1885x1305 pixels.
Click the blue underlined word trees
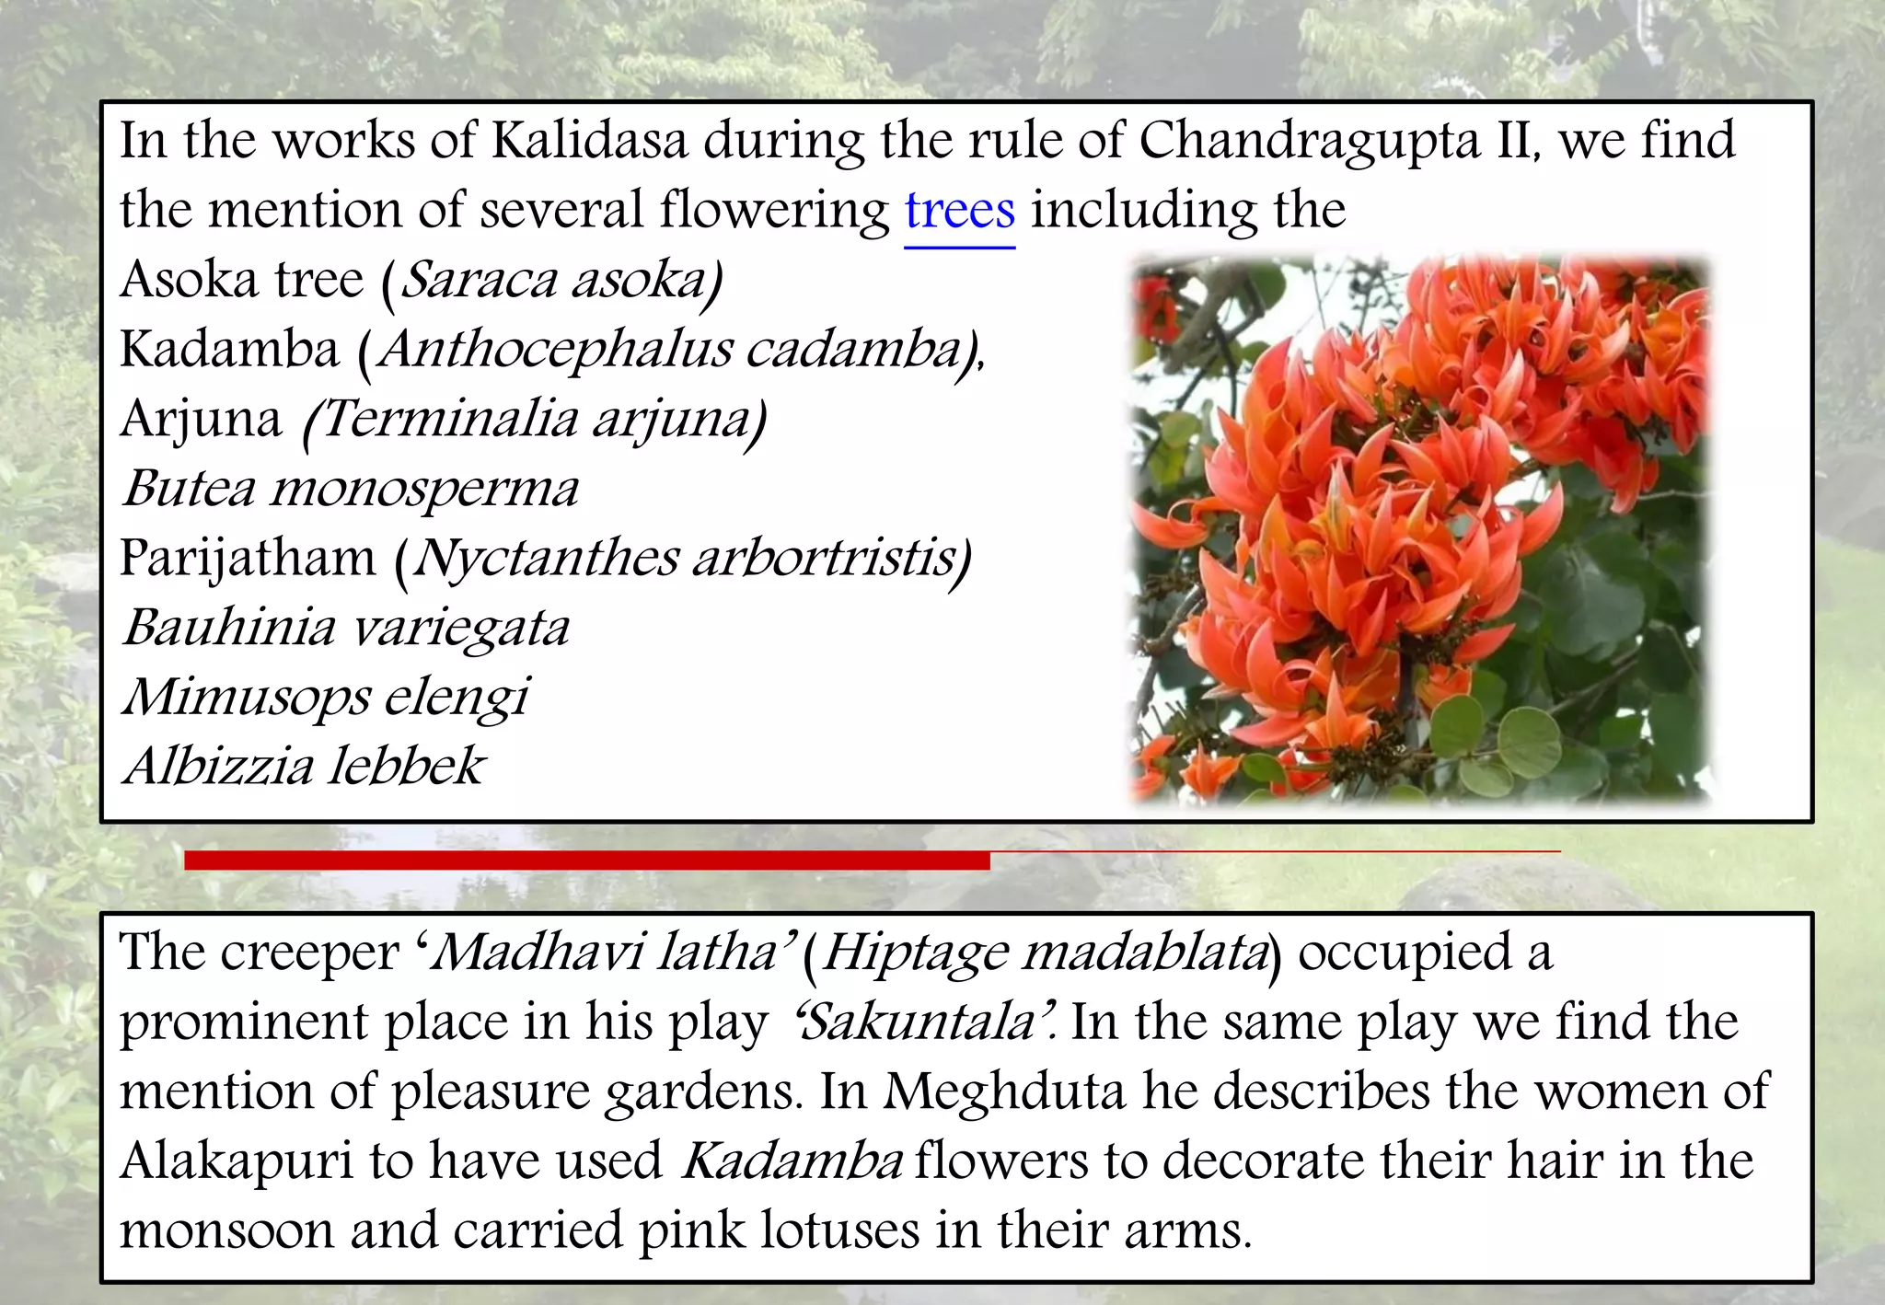tap(960, 211)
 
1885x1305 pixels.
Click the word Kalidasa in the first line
tap(590, 141)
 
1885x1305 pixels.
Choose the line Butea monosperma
tap(351, 489)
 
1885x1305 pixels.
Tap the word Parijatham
tap(248, 559)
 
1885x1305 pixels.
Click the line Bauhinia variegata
tap(346, 629)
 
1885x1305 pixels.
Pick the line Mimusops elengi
tap(327, 698)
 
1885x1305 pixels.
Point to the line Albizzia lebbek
tap(304, 767)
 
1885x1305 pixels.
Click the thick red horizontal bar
tap(586, 860)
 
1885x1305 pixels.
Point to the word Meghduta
tap(1004, 1092)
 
